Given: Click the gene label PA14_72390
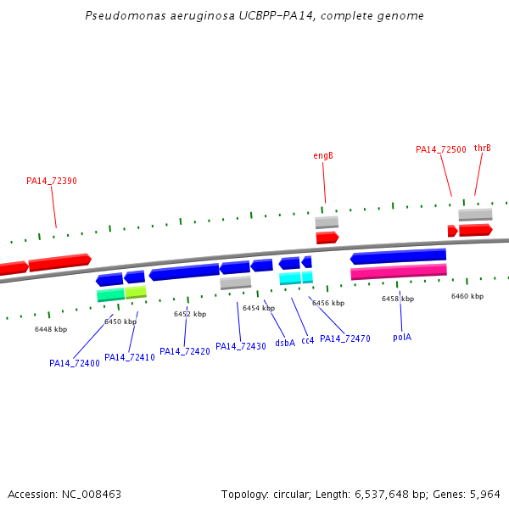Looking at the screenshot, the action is pyautogui.click(x=52, y=181).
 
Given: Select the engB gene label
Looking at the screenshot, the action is pyautogui.click(x=323, y=156).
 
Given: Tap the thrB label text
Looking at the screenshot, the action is pyautogui.click(x=483, y=148).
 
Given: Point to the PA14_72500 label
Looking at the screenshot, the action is pyautogui.click(x=441, y=149).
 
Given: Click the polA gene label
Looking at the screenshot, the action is pyautogui.click(x=402, y=338).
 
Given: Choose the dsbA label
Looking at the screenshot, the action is pyautogui.click(x=285, y=343).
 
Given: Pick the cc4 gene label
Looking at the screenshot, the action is pyautogui.click(x=308, y=340).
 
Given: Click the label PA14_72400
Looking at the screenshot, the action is pyautogui.click(x=75, y=363).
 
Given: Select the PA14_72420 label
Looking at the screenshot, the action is pyautogui.click(x=185, y=351).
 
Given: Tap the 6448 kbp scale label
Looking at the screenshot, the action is pyautogui.click(x=51, y=329).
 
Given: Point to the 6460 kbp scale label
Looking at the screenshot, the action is pyautogui.click(x=467, y=296).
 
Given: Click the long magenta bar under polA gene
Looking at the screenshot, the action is pyautogui.click(x=399, y=271).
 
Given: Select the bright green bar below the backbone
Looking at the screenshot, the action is pyautogui.click(x=110, y=294).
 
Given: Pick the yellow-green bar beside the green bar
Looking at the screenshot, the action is pyautogui.click(x=136, y=292).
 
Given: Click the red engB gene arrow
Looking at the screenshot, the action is pyautogui.click(x=327, y=238).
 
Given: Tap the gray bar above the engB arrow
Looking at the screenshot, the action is pyautogui.click(x=327, y=222).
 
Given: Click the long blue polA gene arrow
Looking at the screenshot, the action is pyautogui.click(x=398, y=256).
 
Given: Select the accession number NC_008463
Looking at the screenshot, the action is pyautogui.click(x=92, y=494).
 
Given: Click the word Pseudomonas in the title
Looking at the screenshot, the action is pyautogui.click(x=126, y=15).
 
